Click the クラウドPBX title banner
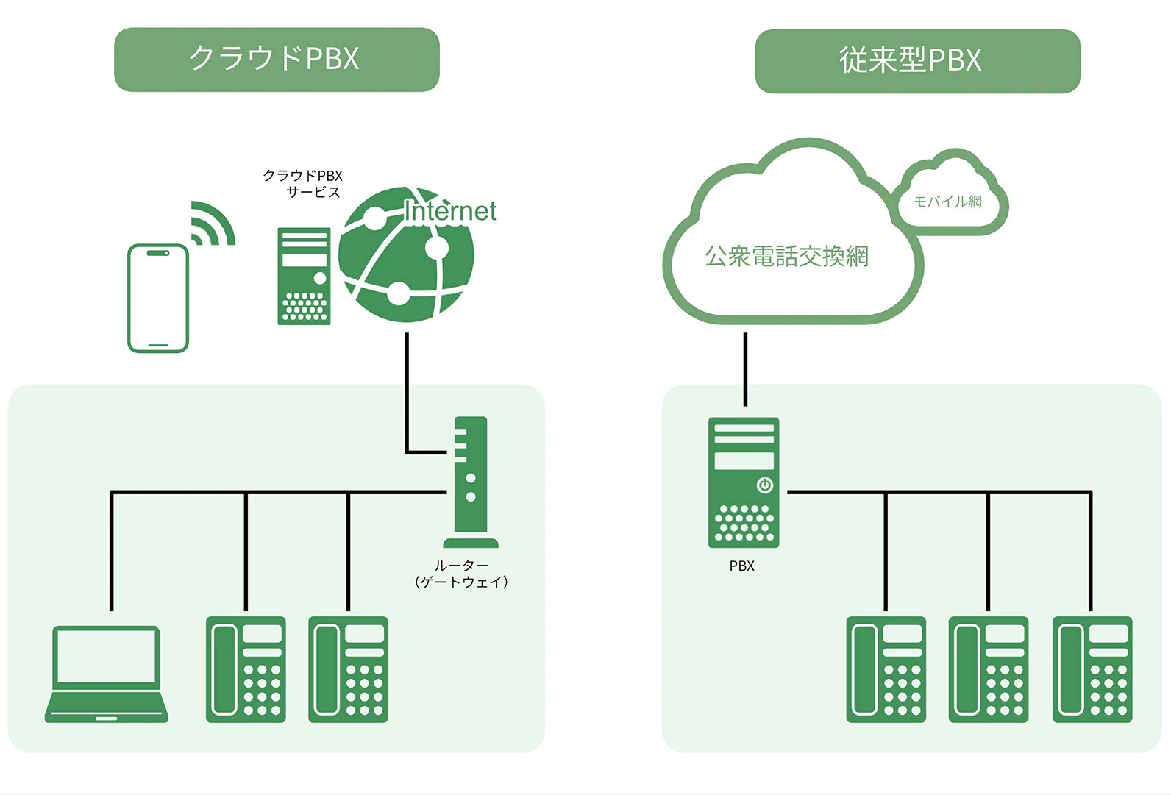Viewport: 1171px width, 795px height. click(277, 60)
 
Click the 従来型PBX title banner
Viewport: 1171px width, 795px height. click(917, 61)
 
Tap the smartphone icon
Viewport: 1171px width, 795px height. click(158, 298)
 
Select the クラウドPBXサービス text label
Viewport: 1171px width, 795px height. click(304, 184)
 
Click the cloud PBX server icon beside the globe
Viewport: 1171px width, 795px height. click(304, 276)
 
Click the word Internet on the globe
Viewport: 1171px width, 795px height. click(450, 211)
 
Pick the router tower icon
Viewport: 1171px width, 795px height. click(470, 482)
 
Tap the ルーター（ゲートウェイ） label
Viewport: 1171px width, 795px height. click(461, 574)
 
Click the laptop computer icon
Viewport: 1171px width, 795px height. click(107, 674)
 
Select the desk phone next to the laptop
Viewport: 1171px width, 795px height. click(246, 669)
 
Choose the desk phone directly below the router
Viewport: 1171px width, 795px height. click(348, 669)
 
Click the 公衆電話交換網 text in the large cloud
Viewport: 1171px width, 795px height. click(786, 256)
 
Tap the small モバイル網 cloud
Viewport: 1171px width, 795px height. click(949, 200)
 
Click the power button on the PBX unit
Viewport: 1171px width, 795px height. click(764, 485)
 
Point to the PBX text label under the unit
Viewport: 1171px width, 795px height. click(741, 566)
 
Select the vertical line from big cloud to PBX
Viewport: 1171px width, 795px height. click(745, 368)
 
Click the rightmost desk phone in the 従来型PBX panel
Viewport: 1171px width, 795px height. click(1092, 669)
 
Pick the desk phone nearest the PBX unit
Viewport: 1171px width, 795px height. click(886, 669)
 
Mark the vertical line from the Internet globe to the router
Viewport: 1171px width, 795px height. click(407, 390)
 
